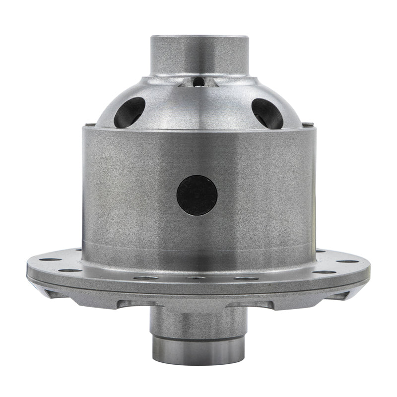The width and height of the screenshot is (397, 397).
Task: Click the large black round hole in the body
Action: tap(197, 195)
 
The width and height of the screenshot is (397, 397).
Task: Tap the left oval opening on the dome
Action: tap(130, 112)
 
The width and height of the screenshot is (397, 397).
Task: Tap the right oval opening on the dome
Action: tap(267, 113)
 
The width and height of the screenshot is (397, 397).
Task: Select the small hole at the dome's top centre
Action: tap(198, 80)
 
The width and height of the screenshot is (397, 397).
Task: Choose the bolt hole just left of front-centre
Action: tap(146, 278)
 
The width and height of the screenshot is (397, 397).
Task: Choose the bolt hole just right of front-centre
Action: tap(246, 278)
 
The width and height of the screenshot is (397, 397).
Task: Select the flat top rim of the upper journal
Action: tap(199, 37)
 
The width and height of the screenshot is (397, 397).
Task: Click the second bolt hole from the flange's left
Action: tap(71, 270)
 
